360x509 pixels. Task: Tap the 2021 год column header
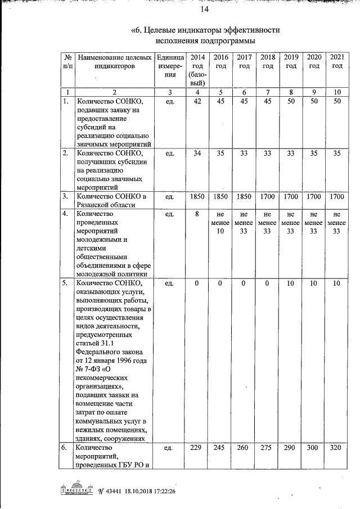[336, 61]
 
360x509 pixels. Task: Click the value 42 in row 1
[197, 101]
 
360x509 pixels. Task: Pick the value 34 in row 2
[197, 153]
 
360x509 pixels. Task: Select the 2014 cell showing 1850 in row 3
[197, 196]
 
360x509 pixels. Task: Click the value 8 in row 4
[197, 214]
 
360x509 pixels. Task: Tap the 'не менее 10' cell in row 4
[220, 222]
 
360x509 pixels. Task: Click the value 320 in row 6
[336, 448]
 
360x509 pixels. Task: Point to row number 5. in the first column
[66, 283]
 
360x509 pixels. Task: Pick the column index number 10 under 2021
[336, 92]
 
